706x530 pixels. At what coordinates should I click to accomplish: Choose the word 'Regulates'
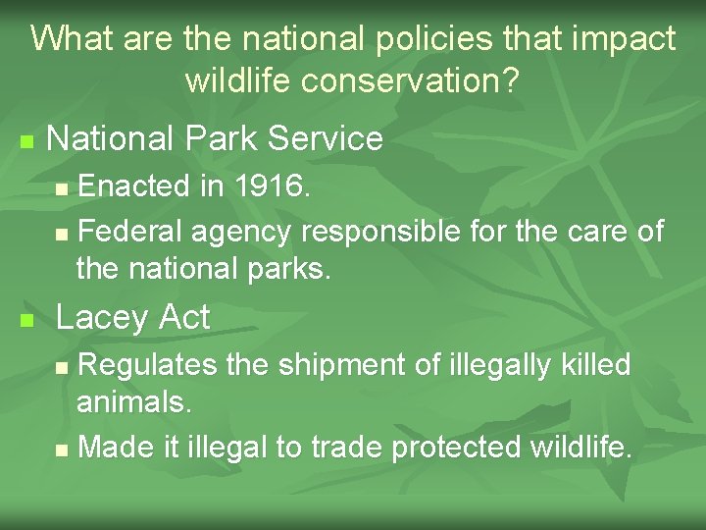point(147,365)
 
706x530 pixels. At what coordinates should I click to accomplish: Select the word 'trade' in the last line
point(347,448)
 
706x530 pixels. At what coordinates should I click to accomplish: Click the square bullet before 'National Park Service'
point(26,141)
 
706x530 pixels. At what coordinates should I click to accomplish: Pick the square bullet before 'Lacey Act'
point(26,320)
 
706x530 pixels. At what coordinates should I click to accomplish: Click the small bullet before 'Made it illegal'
point(62,450)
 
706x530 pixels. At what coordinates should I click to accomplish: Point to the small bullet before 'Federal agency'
point(62,235)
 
